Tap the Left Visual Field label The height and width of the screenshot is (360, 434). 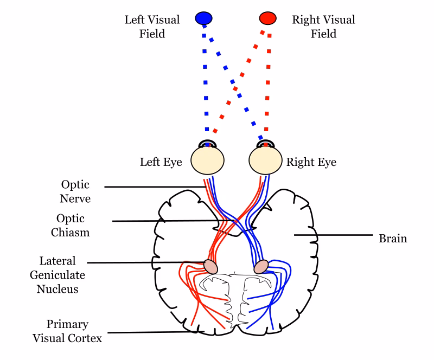(152, 27)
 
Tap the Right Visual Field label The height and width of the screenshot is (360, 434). (323, 27)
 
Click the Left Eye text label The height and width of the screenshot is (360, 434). (161, 162)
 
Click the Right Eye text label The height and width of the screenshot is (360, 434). (311, 162)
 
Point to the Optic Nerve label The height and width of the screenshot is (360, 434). (75, 191)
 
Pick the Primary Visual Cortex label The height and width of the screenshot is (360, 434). (67, 331)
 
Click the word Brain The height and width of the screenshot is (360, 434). (393, 238)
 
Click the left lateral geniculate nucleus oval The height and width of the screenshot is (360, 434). (210, 266)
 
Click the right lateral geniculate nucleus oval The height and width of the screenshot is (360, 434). (261, 267)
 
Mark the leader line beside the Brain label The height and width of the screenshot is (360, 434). (334, 235)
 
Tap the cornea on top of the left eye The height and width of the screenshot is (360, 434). (207, 144)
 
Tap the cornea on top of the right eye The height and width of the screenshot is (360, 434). (266, 144)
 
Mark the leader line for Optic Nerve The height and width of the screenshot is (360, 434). (152, 187)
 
